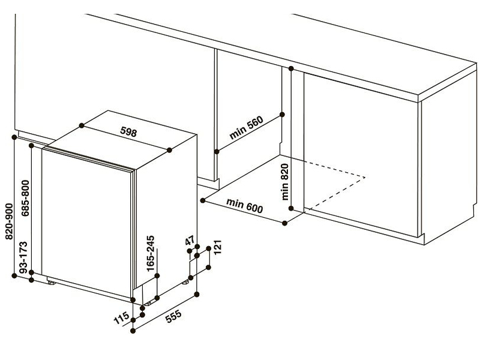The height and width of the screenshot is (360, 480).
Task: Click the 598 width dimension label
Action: (x=128, y=132)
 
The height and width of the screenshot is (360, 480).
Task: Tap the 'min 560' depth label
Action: (x=247, y=128)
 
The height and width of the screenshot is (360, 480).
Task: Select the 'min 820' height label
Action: (x=284, y=182)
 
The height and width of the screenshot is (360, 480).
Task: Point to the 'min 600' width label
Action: (x=245, y=206)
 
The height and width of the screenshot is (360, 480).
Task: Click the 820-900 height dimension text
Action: (x=9, y=221)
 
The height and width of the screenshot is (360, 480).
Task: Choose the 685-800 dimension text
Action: (x=25, y=198)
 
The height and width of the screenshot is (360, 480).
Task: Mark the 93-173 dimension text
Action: (x=23, y=257)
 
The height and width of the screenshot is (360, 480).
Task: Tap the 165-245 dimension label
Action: (x=151, y=253)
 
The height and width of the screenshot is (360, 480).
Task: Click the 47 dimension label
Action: (x=190, y=241)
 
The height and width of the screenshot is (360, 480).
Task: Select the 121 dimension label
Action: (x=217, y=247)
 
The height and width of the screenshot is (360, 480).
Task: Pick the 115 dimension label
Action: (x=122, y=318)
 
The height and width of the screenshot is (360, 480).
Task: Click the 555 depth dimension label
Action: (x=173, y=317)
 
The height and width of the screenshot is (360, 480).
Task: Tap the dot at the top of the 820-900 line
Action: (x=14, y=137)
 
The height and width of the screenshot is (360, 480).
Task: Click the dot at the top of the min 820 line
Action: (x=291, y=68)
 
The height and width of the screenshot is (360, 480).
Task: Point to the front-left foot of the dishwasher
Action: (x=51, y=283)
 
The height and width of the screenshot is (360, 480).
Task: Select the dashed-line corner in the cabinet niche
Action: (x=365, y=177)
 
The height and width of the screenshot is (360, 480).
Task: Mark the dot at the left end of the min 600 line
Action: (x=203, y=200)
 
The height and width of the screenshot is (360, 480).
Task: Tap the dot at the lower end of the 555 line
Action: (x=133, y=331)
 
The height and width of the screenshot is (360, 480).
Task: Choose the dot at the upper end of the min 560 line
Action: (x=282, y=115)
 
